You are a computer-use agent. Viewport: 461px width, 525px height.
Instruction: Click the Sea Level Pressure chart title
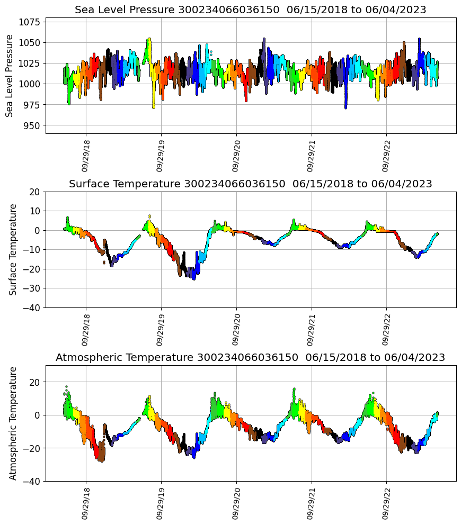[250, 10]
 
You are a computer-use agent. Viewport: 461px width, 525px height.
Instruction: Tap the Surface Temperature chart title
[250, 184]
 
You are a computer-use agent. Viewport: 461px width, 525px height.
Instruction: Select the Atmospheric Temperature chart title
[250, 357]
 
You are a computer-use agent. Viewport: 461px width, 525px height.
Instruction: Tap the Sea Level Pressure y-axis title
[10, 76]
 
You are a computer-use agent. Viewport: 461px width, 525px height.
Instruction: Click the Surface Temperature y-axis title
[13, 249]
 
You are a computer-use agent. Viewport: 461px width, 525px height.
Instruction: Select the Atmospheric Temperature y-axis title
[13, 423]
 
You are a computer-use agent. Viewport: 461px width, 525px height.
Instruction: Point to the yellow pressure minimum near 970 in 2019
[154, 106]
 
